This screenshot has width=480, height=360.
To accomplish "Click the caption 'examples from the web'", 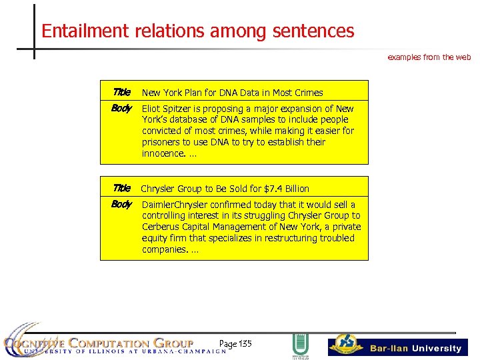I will click(x=429, y=57).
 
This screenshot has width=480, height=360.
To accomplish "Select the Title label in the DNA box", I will click(x=122, y=93).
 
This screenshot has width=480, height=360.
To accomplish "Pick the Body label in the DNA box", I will click(x=121, y=109).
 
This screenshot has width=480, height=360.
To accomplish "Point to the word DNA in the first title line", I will click(x=215, y=93).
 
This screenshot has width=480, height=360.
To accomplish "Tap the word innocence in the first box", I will click(x=163, y=153).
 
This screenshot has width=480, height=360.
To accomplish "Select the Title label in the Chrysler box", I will click(x=122, y=189).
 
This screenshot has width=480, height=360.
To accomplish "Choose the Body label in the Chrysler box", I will click(x=121, y=205).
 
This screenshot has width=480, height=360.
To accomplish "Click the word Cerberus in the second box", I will click(x=161, y=227).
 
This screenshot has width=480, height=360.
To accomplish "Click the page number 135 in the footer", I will click(x=244, y=344).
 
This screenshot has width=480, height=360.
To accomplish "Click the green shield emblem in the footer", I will click(x=301, y=345).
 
